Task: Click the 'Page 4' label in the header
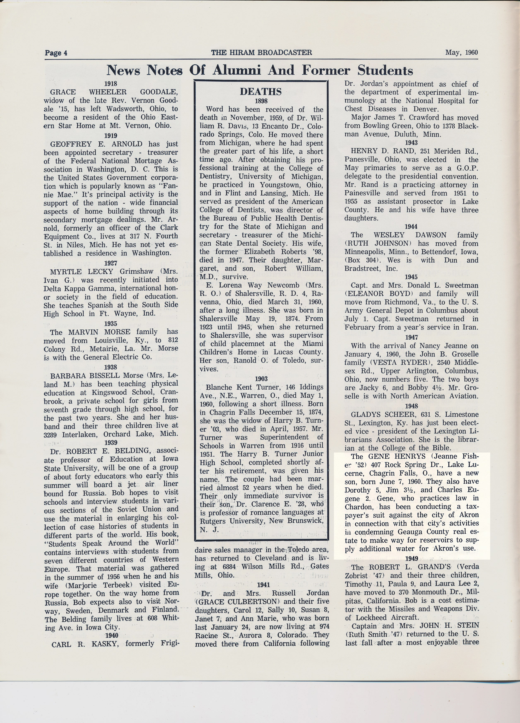56,53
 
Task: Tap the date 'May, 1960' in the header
461,52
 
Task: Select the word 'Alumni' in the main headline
237,70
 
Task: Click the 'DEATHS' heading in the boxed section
261,92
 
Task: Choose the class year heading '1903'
261,379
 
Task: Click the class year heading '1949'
412,559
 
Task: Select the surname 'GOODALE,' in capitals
159,92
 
